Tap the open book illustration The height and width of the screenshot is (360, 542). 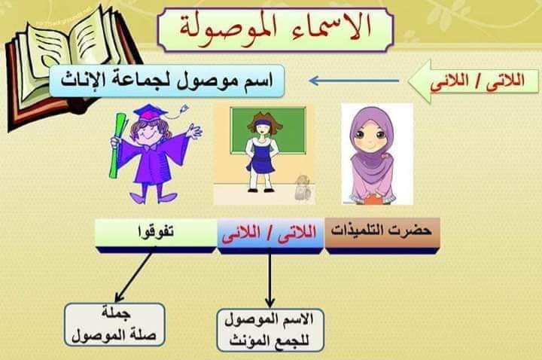(x=69, y=66)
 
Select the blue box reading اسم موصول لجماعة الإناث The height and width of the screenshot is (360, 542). (x=166, y=81)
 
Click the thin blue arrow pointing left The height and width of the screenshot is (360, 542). (x=354, y=81)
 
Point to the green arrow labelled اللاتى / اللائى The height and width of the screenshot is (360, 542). (x=473, y=81)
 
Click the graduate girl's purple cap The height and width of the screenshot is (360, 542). (x=149, y=112)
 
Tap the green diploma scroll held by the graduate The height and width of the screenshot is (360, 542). (x=117, y=145)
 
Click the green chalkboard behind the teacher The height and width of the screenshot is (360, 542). (x=268, y=130)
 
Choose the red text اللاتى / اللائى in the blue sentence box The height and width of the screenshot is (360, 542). (x=269, y=233)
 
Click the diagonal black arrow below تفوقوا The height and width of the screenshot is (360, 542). (x=135, y=276)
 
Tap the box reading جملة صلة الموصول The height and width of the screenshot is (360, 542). (x=114, y=325)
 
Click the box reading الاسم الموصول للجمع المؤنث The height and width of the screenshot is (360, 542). (x=270, y=331)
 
